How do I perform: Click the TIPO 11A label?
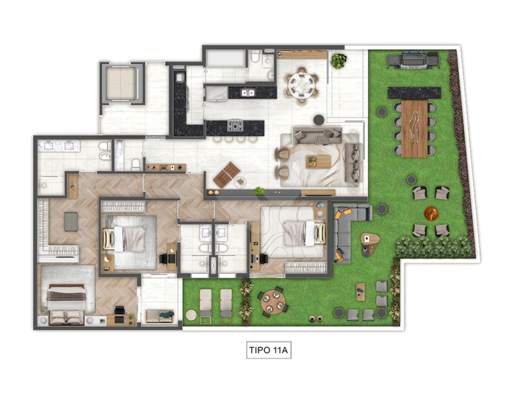pos(269,350)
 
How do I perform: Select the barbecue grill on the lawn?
pos(413,60)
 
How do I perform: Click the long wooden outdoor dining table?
pos(414,129)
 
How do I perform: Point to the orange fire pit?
pos(431,214)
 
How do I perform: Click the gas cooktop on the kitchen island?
pos(235,126)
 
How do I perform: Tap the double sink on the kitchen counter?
pos(248,93)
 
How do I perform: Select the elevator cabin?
pos(121,83)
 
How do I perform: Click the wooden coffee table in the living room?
pos(318,162)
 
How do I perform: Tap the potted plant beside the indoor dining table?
pos(339,61)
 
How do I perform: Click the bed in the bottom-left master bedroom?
pos(67,304)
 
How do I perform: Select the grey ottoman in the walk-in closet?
pos(71,222)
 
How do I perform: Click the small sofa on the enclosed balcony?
pos(159,316)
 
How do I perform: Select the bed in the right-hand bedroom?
pos(304,234)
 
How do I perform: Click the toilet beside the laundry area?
pos(255,58)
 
